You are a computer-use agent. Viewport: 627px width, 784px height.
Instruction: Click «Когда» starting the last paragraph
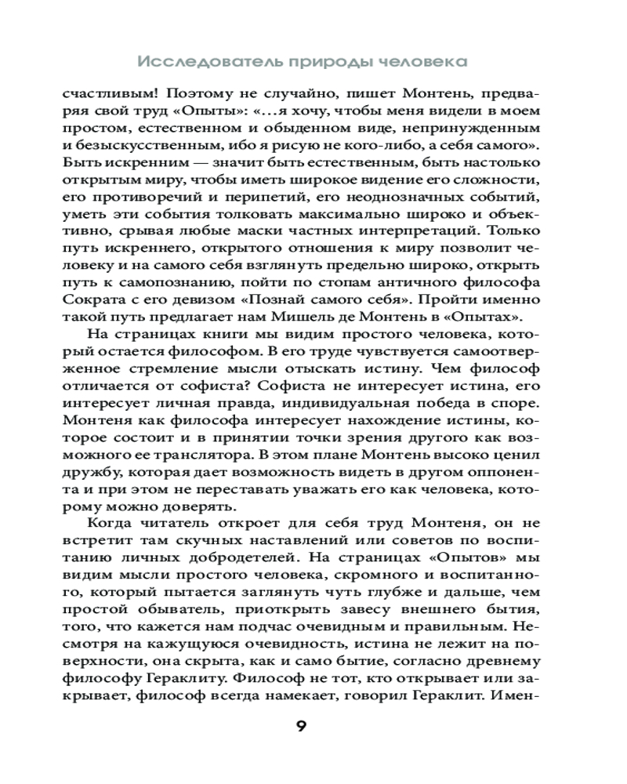[x=112, y=524]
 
